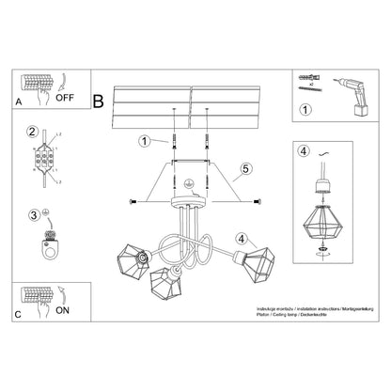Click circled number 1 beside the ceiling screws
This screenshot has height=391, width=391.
[x=145, y=142]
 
